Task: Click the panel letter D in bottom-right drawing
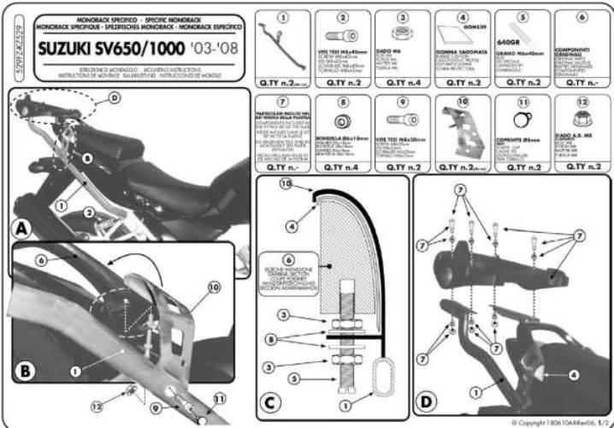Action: point(427,401)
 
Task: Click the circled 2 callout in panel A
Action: point(88,211)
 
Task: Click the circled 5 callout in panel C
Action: point(295,377)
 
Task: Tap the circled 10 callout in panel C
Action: point(286,184)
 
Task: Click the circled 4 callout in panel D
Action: point(572,374)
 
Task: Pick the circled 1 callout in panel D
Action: point(473,391)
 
